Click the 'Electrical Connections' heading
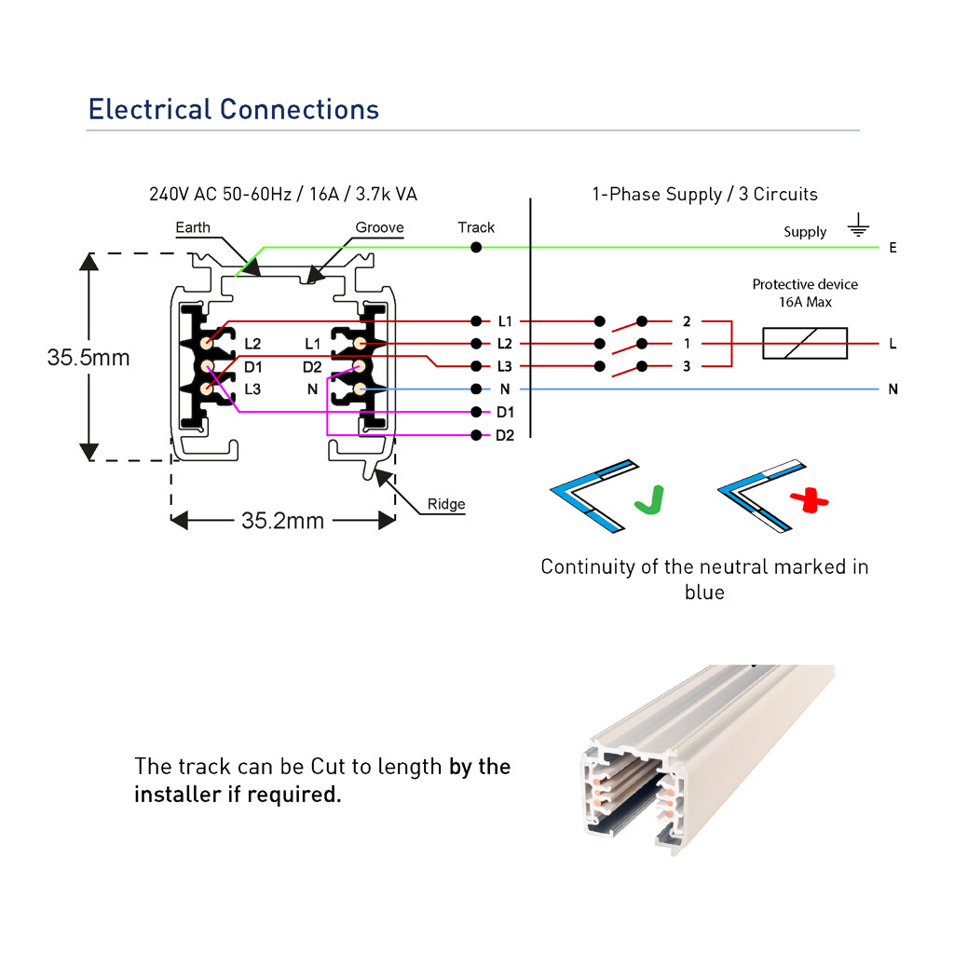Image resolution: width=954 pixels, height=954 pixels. coord(234,110)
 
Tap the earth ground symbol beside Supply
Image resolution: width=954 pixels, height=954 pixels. coord(858,225)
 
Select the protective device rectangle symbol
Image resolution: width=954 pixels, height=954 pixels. coord(804,343)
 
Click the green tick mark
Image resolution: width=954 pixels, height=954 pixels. coord(649,500)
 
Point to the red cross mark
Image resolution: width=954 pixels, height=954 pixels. coord(810,500)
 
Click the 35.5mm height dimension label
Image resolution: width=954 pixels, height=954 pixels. coord(89,358)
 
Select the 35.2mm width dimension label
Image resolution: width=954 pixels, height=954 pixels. coord(282,521)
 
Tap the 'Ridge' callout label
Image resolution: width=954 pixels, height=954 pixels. coord(446,504)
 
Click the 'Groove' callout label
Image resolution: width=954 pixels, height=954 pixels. coord(379,227)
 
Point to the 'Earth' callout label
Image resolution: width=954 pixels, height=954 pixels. coord(193,227)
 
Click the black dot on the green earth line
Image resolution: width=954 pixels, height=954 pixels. coord(476,247)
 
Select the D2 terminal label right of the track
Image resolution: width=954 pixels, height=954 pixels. coord(504,436)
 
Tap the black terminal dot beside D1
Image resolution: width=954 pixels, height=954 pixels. coord(476,412)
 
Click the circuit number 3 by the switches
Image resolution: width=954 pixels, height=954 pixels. coord(687,366)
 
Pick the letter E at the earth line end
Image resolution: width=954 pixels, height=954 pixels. coord(893,248)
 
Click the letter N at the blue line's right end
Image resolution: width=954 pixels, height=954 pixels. coord(893,389)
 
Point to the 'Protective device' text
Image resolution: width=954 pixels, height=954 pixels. coord(805,284)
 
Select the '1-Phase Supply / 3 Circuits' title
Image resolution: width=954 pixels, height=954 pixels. coord(704,194)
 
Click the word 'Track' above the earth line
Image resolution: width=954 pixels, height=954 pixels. coord(476,227)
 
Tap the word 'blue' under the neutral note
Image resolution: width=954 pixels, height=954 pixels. coord(704,592)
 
